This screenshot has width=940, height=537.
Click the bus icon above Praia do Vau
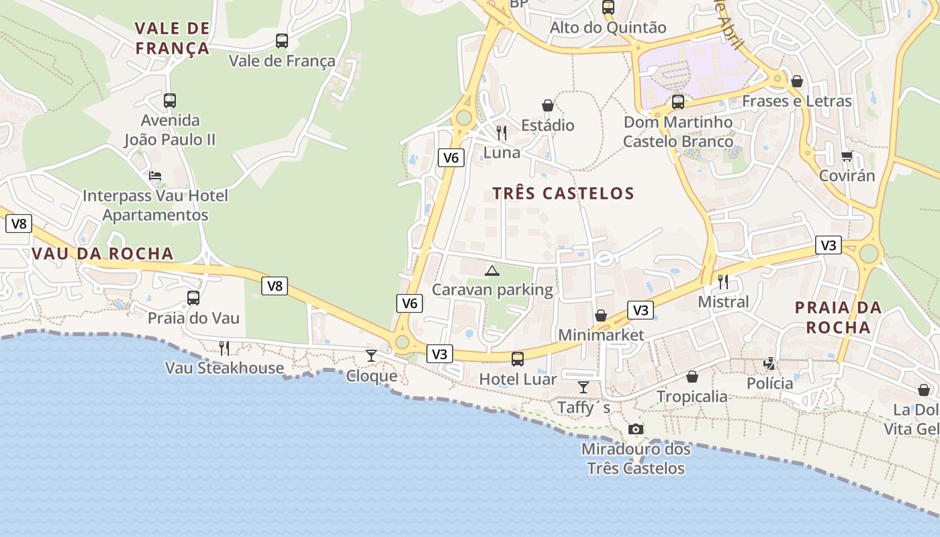point(193,297)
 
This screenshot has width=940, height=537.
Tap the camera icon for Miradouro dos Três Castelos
point(635,429)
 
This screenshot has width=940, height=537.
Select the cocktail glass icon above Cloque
point(371,355)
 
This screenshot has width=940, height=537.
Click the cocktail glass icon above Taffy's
point(583,387)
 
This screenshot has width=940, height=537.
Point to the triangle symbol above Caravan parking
point(492,271)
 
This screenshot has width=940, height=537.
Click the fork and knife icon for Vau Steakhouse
point(224,348)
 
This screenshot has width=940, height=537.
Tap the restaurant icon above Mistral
point(723,281)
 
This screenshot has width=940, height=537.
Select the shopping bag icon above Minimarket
point(601,315)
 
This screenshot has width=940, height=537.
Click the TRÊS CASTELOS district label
point(563,193)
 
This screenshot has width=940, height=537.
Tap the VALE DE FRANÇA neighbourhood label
point(173,38)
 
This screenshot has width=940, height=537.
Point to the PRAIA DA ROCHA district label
point(838,318)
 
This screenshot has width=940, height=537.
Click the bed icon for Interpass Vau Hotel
point(155,177)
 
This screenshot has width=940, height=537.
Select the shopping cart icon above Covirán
point(847,156)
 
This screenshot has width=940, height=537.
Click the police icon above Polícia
point(769,364)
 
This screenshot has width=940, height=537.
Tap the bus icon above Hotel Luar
point(518,359)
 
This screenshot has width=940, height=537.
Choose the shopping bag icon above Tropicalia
point(692,377)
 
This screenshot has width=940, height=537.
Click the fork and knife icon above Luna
point(502,132)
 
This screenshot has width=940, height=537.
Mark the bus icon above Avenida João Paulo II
point(170,101)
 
